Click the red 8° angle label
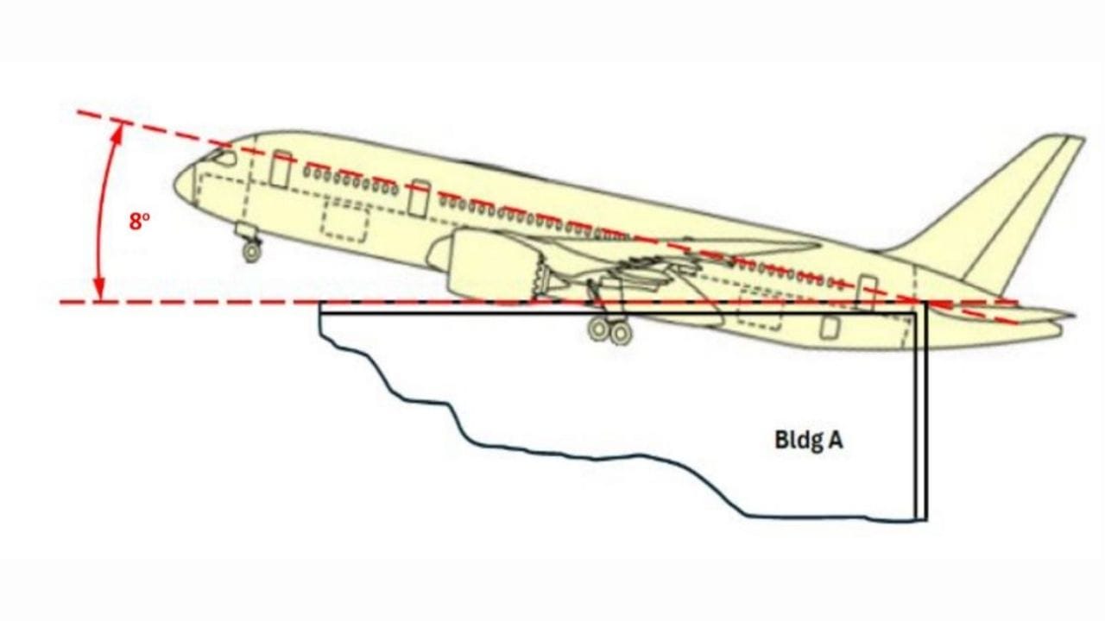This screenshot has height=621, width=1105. coord(139,222)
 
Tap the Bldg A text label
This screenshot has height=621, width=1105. coord(809,440)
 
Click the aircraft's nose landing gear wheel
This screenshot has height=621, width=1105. coord(252,251)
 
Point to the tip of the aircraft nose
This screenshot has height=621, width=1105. coord(174,185)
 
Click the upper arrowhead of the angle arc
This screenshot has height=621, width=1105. coord(117,133)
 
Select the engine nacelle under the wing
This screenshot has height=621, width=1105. coord(489,264)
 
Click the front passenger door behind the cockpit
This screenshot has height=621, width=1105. coord(281,169)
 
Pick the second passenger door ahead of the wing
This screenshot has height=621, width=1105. coord(419,198)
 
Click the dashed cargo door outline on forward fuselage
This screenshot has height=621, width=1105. coord(344,221)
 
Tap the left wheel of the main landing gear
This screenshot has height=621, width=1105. coord(599,329)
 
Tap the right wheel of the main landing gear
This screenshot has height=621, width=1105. coord(621,333)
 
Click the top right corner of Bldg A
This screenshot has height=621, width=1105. coord(927,302)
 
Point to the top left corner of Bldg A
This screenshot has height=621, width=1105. coord(320,302)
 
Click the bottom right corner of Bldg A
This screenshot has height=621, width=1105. coord(927,520)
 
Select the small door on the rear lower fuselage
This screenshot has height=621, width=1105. coord(830,327)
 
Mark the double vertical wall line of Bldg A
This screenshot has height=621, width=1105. coord(921,411)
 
